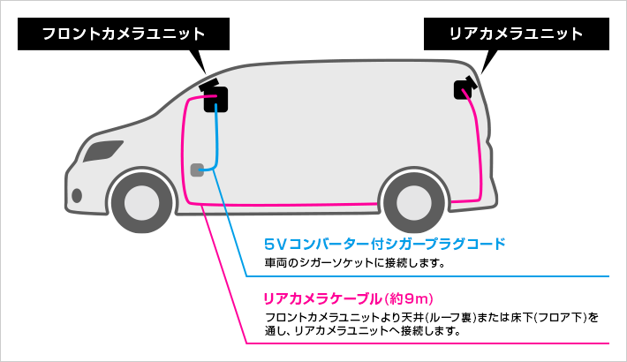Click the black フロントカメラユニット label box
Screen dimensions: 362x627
coord(124,34)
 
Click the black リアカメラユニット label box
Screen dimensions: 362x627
coord(517,34)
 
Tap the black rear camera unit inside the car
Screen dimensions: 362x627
coord(463,88)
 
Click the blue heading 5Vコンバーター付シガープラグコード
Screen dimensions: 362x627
coord(384,243)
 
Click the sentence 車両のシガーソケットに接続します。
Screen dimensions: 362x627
coord(355,262)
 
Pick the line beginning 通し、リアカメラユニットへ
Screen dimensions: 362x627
coord(362,332)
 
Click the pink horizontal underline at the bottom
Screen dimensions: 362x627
coord(442,343)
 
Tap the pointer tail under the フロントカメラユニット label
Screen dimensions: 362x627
coord(200,61)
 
